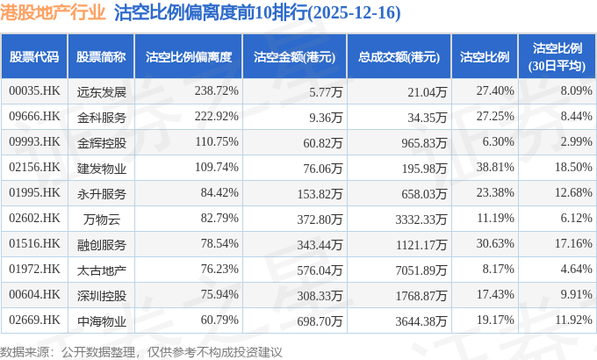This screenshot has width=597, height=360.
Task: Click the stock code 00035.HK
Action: tap(33, 90)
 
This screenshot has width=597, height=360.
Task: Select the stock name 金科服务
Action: tap(101, 116)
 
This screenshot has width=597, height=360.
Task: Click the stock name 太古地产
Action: tap(101, 269)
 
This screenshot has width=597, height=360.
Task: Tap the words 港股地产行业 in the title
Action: tap(53, 14)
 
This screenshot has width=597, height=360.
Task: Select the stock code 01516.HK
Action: tap(33, 243)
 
